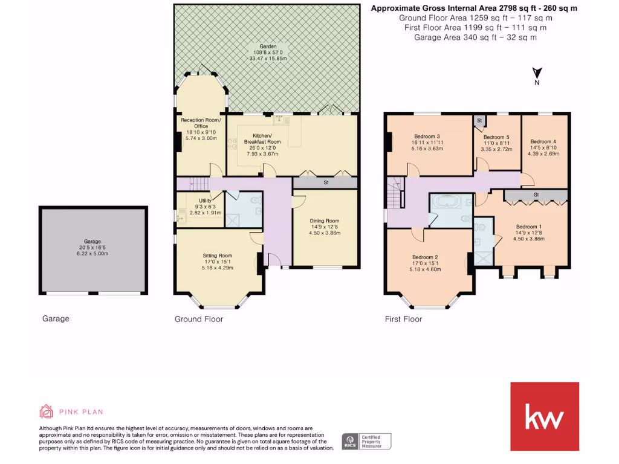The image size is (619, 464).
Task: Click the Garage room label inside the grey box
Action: [x=92, y=241]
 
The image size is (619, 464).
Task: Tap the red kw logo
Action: [x=545, y=416]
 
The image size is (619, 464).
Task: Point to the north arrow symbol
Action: [x=536, y=73]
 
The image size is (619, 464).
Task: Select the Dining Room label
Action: [x=324, y=221]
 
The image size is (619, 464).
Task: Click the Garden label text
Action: [x=268, y=47]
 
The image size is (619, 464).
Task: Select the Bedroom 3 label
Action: [x=427, y=136]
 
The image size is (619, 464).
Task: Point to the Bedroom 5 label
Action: [x=496, y=137]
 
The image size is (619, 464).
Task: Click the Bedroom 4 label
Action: [x=543, y=142]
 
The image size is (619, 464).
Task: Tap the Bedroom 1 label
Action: [x=529, y=227]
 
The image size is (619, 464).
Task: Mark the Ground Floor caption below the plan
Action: [x=198, y=319]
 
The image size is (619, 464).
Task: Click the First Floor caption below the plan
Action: [x=403, y=319]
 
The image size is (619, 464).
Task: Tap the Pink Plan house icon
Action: [x=46, y=411]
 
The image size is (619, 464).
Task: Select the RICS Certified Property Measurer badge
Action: [x=366, y=441]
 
